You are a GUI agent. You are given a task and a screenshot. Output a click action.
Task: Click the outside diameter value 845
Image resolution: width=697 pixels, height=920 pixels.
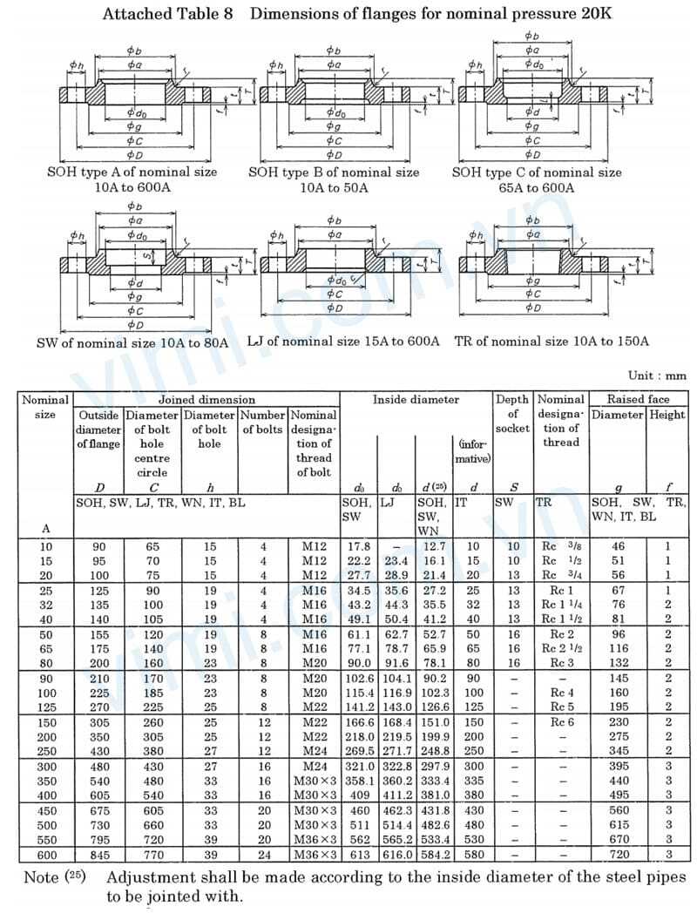[x=98, y=856]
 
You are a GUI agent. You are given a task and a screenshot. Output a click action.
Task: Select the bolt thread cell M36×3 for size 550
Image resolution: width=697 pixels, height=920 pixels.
[x=314, y=841]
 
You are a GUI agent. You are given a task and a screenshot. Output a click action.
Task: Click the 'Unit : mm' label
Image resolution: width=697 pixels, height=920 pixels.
[x=657, y=376]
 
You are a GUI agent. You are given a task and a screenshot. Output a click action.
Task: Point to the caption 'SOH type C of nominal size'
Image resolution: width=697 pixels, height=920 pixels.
[x=537, y=172]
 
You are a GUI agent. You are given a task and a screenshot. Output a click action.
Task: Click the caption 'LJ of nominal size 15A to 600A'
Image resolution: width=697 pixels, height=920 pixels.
[x=343, y=341]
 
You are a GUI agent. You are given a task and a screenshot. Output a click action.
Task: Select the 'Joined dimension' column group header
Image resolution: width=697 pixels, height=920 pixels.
[x=206, y=400]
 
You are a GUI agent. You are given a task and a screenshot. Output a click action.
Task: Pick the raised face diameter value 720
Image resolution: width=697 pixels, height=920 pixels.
[x=619, y=856]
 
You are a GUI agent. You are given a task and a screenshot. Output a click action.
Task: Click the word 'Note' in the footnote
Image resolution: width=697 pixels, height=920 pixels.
[x=41, y=877]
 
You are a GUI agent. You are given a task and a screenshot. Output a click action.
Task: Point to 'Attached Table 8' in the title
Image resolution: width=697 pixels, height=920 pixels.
[x=168, y=14]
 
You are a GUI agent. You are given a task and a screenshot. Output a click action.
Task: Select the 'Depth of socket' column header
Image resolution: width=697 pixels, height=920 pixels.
[x=512, y=414]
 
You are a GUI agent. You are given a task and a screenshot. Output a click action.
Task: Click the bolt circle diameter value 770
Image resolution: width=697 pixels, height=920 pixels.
[x=152, y=856]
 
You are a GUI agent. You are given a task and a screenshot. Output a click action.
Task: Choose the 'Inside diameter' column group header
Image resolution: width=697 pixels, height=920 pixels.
[x=416, y=400]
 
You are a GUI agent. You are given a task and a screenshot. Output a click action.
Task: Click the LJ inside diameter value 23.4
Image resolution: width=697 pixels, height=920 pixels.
[x=396, y=560]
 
